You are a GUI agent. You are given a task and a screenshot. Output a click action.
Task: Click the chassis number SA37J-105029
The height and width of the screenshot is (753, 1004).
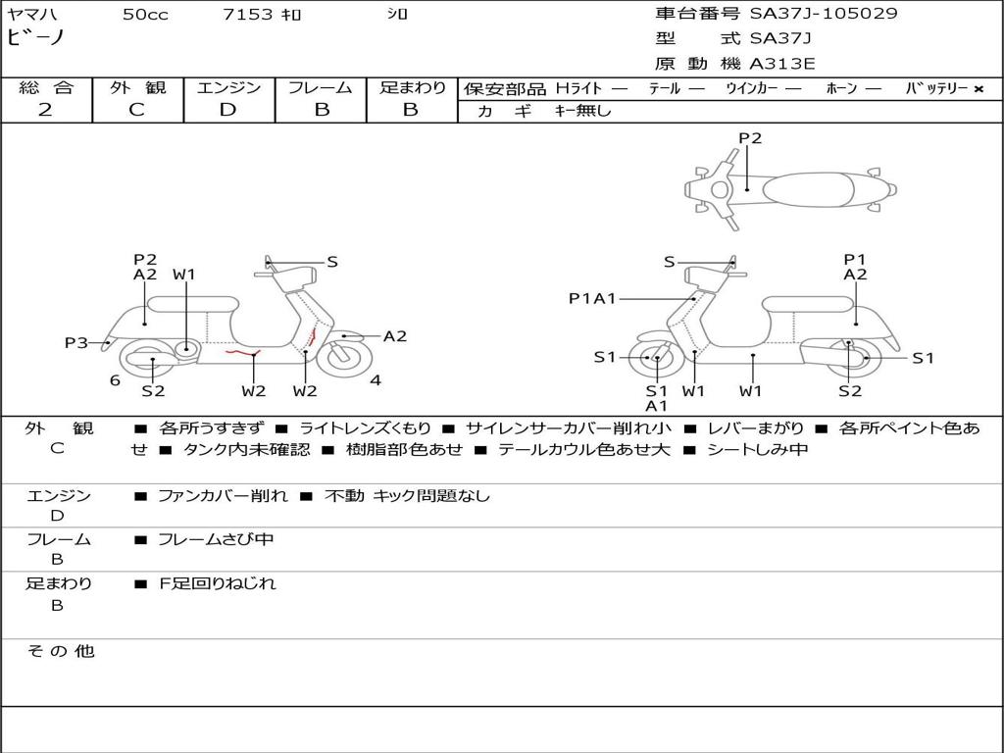click(x=824, y=14)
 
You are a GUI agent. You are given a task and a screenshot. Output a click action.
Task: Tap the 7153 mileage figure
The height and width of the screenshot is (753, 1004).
click(x=248, y=15)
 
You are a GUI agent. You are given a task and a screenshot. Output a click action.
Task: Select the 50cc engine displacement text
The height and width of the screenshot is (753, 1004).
click(x=145, y=15)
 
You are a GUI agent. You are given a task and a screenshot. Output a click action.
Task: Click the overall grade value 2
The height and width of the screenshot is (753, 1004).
click(x=45, y=110)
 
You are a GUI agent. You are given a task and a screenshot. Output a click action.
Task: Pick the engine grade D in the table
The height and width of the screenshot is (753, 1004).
click(x=227, y=110)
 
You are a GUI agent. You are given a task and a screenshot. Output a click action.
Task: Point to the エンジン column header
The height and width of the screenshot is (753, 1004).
click(x=228, y=87)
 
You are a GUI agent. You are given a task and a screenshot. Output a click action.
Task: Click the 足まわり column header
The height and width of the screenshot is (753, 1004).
click(x=412, y=87)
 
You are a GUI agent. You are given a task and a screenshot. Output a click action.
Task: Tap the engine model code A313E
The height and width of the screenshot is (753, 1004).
click(x=781, y=65)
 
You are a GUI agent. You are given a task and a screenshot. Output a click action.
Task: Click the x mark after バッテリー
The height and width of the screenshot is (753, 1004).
click(x=978, y=88)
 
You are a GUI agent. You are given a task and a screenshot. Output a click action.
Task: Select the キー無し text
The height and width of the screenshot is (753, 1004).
click(x=582, y=111)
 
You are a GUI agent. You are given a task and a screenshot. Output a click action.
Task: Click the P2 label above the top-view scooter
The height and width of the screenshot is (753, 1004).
click(x=749, y=138)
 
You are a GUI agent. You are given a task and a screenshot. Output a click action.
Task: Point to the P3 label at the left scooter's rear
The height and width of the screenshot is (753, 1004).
click(x=76, y=342)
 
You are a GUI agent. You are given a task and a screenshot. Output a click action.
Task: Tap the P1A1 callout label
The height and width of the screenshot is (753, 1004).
click(x=591, y=299)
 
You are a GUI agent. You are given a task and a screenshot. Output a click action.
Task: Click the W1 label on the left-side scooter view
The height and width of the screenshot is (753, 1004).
click(x=184, y=275)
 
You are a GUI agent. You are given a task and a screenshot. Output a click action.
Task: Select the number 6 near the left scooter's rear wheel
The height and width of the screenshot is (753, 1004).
click(x=115, y=380)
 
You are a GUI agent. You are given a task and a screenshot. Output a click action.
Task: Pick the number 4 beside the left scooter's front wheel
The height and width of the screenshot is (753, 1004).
click(x=376, y=380)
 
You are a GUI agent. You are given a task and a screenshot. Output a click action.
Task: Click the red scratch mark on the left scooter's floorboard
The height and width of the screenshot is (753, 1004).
click(x=241, y=351)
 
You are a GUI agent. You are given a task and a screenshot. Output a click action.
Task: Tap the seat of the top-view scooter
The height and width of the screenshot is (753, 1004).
click(x=804, y=188)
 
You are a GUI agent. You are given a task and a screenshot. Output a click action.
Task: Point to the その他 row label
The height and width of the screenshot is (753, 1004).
click(x=60, y=651)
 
